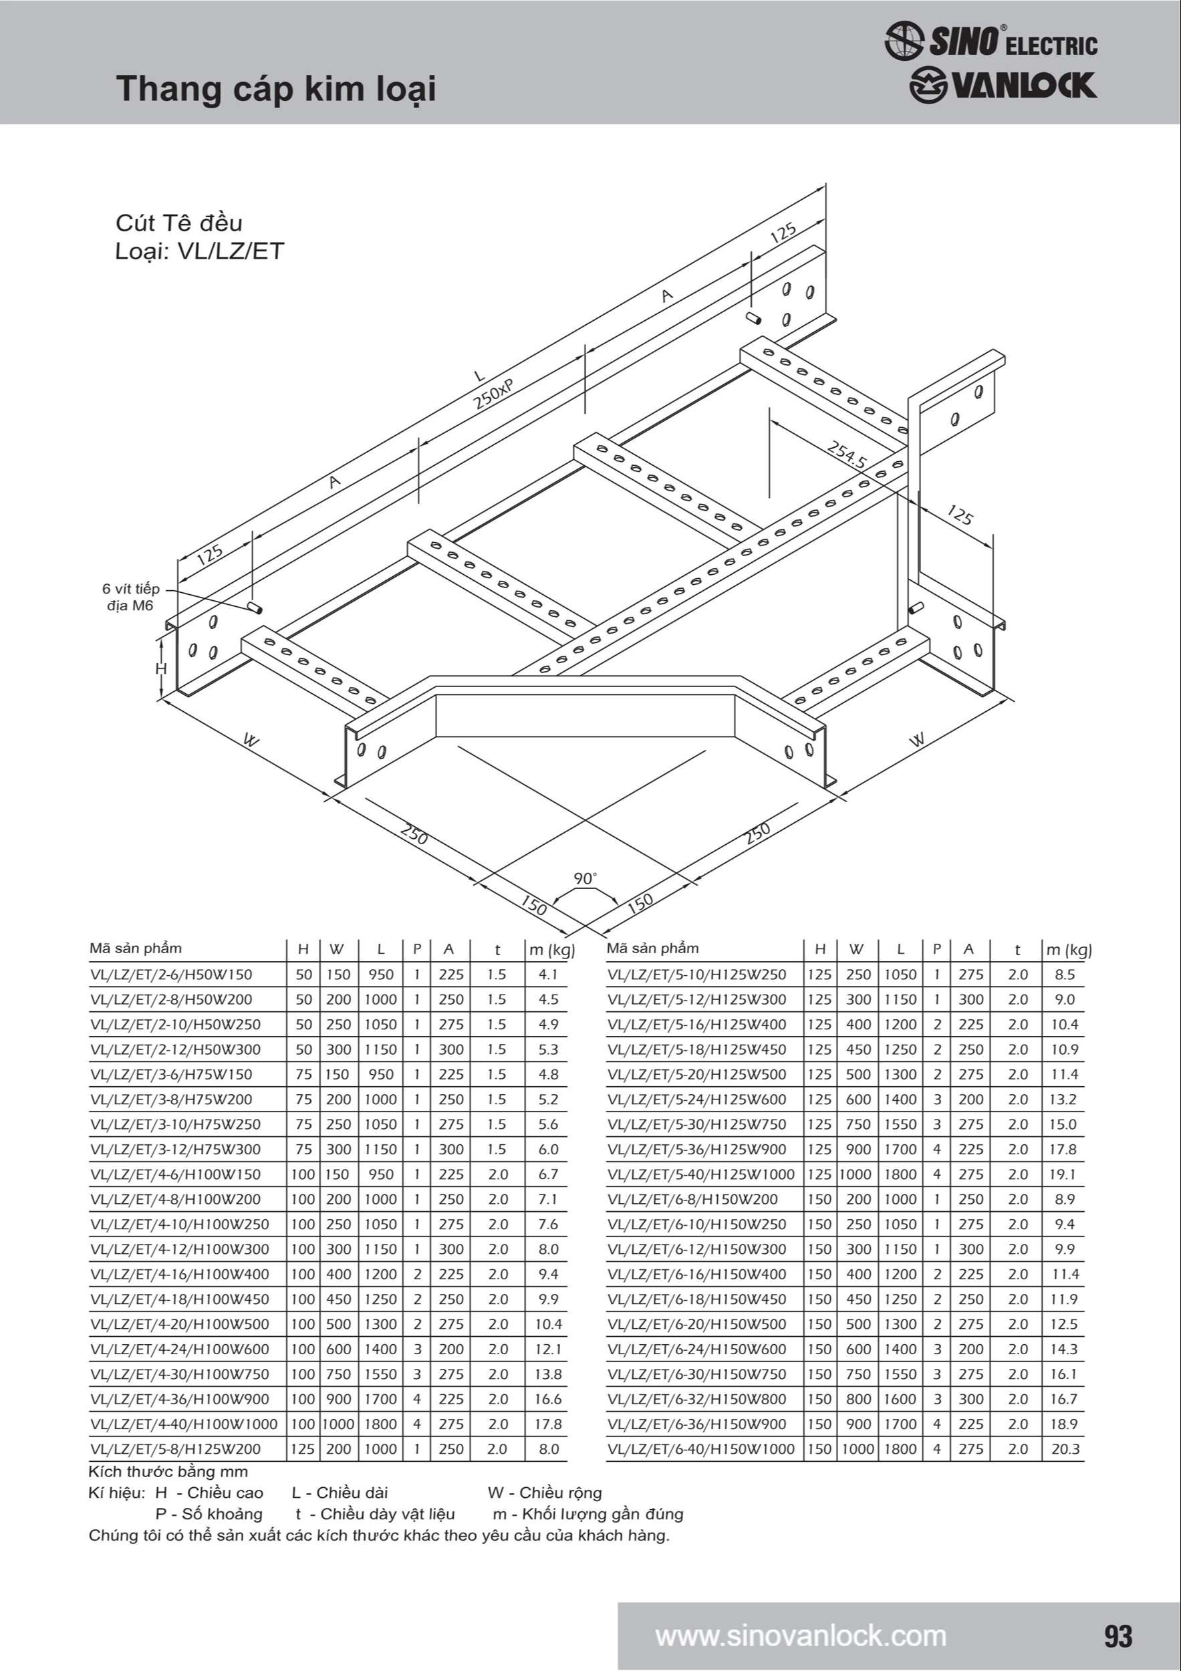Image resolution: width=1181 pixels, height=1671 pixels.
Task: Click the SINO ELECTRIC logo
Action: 991,41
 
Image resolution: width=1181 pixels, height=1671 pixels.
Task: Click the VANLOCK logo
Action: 1003,85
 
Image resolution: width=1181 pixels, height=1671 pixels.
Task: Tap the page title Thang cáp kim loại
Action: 277,90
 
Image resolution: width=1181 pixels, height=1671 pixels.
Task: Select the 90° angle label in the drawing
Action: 584,878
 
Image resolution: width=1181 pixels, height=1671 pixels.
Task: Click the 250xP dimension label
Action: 494,394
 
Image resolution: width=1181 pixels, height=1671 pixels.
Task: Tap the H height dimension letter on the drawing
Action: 162,668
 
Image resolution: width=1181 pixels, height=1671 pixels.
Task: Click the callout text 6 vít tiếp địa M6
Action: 130,597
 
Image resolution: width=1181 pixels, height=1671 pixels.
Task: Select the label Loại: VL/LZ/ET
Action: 199,251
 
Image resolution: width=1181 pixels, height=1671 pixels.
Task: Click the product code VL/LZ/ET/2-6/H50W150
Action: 171,975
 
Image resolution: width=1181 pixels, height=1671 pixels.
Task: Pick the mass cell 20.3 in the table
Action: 1065,1449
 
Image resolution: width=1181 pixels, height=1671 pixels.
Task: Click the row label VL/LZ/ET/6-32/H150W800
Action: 697,1399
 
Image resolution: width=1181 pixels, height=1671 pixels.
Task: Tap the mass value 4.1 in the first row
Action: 548,975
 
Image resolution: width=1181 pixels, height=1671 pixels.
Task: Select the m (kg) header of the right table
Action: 1069,950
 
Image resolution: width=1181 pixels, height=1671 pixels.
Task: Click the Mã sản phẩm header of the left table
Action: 136,948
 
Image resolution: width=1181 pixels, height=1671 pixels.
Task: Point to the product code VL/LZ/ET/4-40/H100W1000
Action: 184,1424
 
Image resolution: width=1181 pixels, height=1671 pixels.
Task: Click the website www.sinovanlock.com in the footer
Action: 801,1636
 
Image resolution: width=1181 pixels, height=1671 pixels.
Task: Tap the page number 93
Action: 1118,1636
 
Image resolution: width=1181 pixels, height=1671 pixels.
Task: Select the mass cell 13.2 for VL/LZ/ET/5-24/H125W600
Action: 1063,1100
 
